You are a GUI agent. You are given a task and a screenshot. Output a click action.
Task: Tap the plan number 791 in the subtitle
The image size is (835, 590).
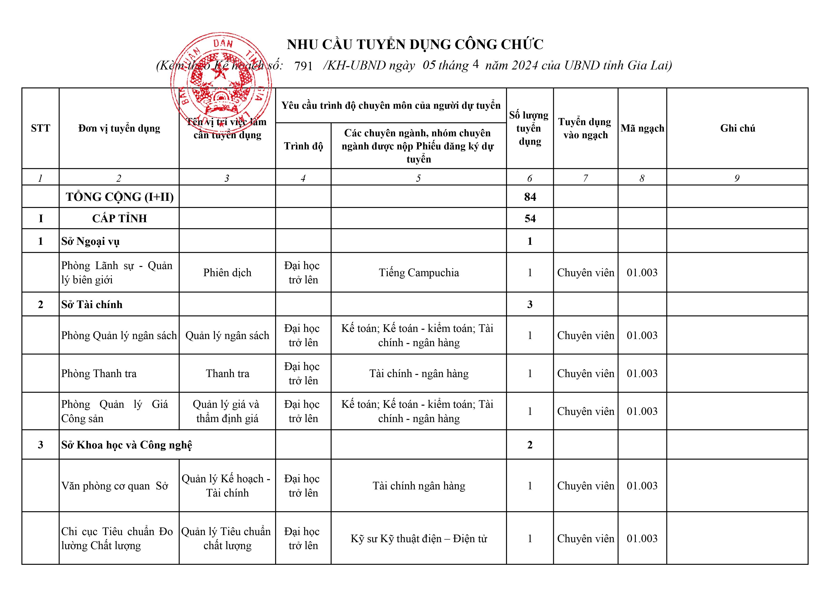[x=303, y=66]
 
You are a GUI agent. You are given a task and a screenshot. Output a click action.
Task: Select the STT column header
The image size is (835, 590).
[x=40, y=128]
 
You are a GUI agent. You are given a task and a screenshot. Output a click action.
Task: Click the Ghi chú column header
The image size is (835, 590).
[x=737, y=128]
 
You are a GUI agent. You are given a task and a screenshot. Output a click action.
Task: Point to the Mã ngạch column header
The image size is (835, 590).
[x=642, y=128]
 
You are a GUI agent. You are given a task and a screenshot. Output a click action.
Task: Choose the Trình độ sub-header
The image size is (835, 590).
[x=303, y=146]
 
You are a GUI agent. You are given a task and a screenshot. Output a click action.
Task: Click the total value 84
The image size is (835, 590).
[x=530, y=197]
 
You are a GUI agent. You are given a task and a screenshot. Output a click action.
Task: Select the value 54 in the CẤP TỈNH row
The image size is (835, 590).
[x=530, y=218]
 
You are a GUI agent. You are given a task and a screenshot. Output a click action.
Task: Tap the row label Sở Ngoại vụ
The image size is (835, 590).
[x=90, y=241]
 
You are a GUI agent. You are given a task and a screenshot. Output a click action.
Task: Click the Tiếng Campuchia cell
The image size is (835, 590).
[x=419, y=273]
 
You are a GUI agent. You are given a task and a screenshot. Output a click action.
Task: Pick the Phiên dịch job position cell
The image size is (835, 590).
[x=227, y=273]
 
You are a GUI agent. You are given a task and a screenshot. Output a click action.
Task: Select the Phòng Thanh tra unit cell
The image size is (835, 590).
[x=99, y=373]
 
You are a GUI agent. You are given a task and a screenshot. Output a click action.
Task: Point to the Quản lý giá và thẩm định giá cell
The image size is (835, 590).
[x=227, y=411]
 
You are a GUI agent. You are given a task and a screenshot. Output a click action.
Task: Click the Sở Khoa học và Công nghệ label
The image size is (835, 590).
[x=127, y=445]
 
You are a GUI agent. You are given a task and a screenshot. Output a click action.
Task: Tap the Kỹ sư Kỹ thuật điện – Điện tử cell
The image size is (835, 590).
[x=419, y=538]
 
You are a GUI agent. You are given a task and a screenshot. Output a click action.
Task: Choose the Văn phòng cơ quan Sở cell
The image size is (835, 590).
[x=114, y=486]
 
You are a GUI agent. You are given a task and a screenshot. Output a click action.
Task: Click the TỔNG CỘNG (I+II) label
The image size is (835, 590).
[x=120, y=197]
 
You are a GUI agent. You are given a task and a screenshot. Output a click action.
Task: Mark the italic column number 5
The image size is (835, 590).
[x=419, y=178]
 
